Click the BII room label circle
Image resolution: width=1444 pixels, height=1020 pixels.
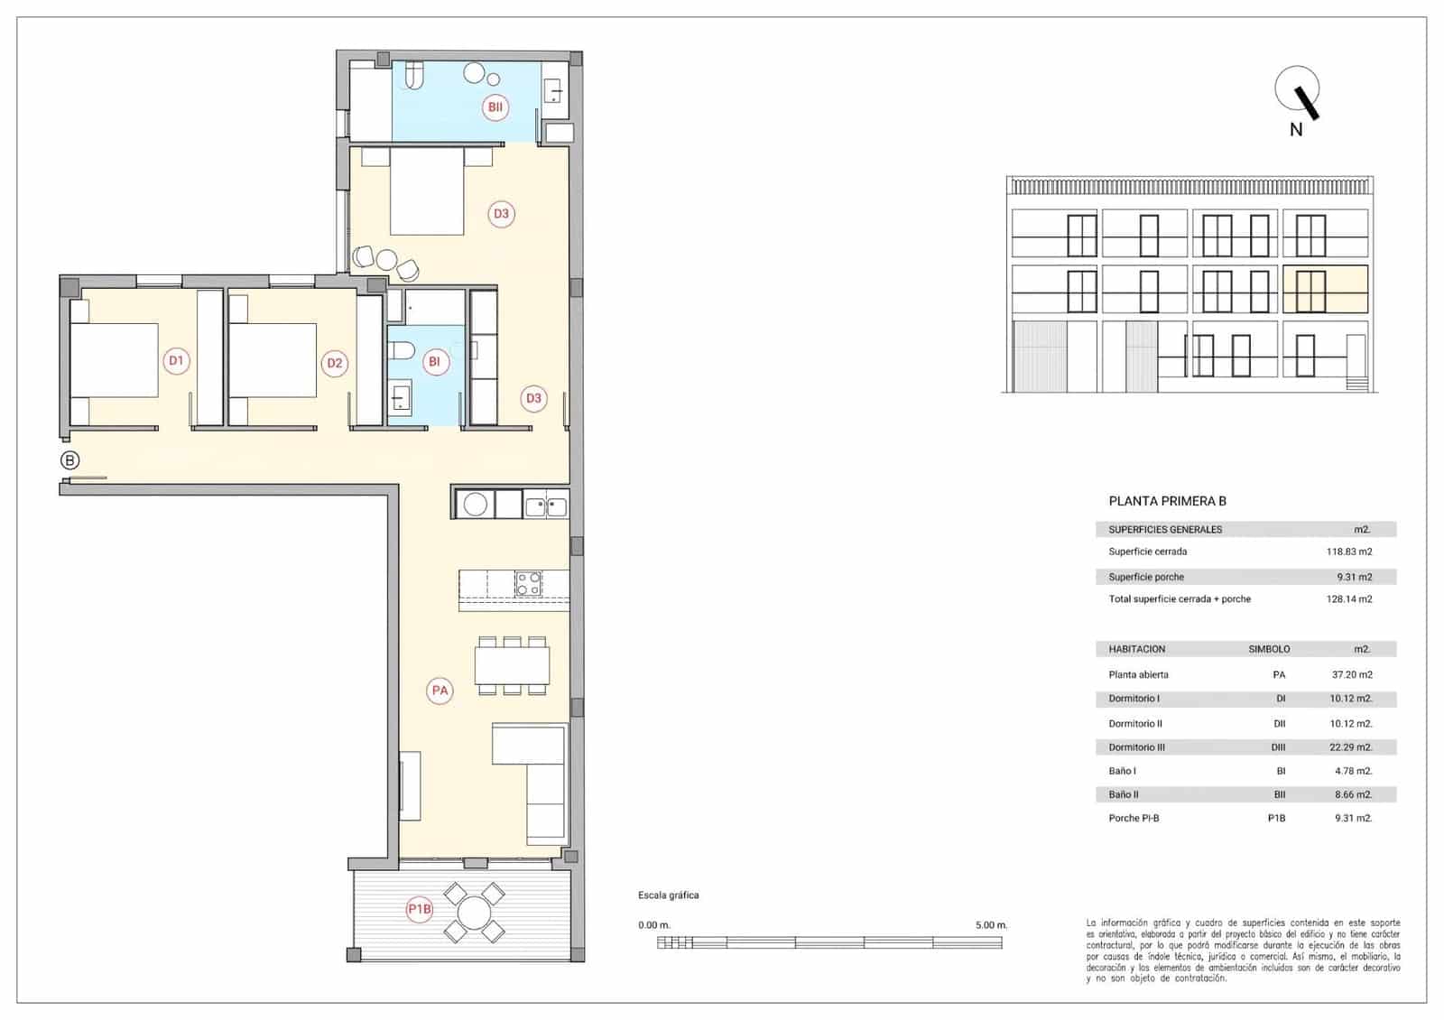(x=495, y=107)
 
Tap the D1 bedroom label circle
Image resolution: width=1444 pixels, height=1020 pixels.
(x=176, y=361)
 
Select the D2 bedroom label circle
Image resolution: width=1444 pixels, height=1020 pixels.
(x=335, y=363)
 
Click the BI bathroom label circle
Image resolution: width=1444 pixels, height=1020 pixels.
(x=434, y=362)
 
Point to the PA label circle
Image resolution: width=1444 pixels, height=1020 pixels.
(x=440, y=691)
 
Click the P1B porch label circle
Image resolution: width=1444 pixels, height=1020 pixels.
(x=420, y=909)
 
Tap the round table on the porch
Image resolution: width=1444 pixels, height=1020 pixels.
(x=474, y=913)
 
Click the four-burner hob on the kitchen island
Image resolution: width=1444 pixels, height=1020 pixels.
(x=528, y=584)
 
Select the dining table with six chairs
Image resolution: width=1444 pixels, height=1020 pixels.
(x=512, y=666)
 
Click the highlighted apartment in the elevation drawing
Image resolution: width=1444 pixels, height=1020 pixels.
(x=1325, y=289)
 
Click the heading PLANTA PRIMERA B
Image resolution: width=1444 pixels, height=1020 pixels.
(x=1167, y=501)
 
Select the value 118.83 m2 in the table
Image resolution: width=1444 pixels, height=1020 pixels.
(x=1348, y=552)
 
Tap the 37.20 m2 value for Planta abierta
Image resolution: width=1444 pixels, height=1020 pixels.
(x=1351, y=674)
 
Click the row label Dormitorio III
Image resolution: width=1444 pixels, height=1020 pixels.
(x=1136, y=747)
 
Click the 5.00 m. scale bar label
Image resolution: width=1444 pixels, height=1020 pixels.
(x=990, y=925)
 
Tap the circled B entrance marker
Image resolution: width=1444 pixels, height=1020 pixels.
(x=69, y=460)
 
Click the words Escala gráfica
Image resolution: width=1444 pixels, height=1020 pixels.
(x=668, y=895)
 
